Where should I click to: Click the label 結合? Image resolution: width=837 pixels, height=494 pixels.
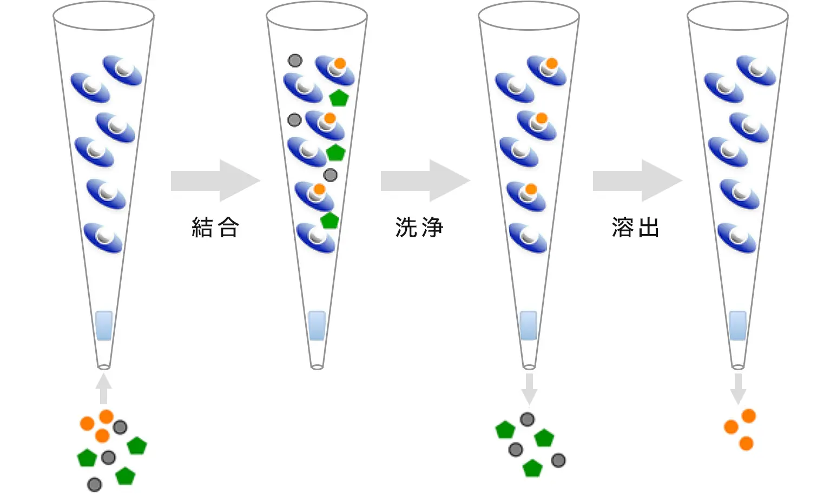click(x=215, y=227)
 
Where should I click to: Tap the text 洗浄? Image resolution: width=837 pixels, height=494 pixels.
click(x=419, y=227)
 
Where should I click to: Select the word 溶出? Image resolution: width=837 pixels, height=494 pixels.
click(x=635, y=227)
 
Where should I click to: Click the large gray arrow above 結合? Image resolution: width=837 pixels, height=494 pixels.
click(x=215, y=181)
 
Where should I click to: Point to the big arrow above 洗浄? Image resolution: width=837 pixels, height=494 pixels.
click(x=425, y=181)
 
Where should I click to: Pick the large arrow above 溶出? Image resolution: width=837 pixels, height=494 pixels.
click(x=637, y=181)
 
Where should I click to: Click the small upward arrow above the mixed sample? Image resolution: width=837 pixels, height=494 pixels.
click(x=103, y=389)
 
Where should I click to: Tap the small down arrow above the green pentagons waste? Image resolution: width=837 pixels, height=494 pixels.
click(x=529, y=389)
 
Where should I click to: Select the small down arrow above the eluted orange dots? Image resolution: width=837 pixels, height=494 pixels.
click(x=738, y=389)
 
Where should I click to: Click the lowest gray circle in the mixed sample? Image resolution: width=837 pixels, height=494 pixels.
click(x=95, y=485)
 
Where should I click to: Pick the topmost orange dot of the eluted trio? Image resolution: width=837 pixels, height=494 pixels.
click(x=749, y=416)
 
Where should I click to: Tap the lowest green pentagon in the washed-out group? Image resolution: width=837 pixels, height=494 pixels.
click(x=532, y=468)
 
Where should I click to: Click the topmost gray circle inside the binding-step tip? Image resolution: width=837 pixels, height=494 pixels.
click(x=295, y=61)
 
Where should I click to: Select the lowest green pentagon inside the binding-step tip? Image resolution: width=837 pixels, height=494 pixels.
click(x=329, y=221)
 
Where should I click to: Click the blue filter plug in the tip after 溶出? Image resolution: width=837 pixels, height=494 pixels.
click(x=738, y=325)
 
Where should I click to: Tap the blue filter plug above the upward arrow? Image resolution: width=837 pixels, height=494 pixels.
click(x=104, y=325)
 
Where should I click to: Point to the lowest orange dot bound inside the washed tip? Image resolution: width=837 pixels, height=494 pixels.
click(x=531, y=189)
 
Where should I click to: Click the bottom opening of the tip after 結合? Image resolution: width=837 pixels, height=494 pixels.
click(x=317, y=368)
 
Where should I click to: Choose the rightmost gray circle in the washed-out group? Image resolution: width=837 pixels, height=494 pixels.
click(x=558, y=460)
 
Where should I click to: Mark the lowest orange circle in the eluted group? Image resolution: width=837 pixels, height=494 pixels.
click(x=746, y=444)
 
